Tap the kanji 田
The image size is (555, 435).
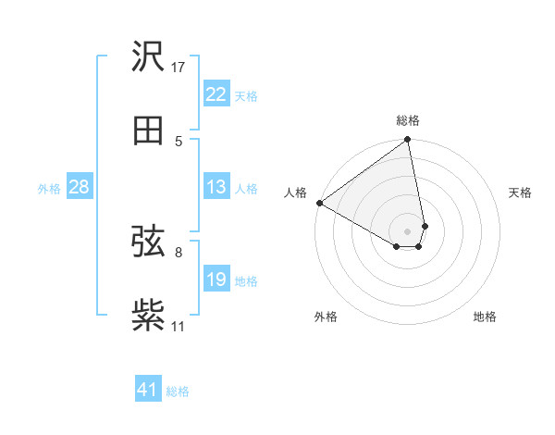(x=148, y=130)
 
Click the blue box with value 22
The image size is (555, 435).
(x=216, y=94)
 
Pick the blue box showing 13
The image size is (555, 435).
(x=216, y=187)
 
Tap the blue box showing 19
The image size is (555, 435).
(x=216, y=280)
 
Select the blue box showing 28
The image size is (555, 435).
(x=80, y=187)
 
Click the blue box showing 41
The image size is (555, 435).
(x=148, y=390)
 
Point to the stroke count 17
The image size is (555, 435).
(x=179, y=67)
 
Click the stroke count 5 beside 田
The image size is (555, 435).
(x=179, y=141)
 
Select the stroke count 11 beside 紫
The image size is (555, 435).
(x=179, y=326)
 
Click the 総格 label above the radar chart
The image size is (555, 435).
(x=408, y=120)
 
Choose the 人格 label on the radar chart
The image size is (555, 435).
(x=295, y=193)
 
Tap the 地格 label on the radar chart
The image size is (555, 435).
(x=485, y=317)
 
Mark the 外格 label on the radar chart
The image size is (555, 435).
(x=326, y=317)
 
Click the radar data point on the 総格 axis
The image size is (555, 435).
(x=408, y=141)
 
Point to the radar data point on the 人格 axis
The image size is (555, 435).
(x=319, y=203)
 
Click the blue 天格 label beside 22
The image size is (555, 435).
(x=246, y=95)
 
